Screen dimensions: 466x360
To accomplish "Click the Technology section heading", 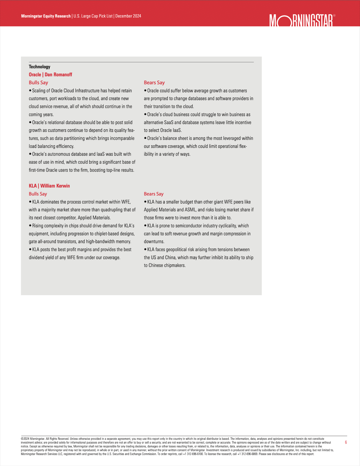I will pos(39,67).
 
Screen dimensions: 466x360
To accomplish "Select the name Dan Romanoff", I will pos(58,75).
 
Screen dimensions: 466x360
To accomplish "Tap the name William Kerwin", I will pos(55,186).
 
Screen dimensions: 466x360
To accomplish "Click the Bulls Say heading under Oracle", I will pos(38,83).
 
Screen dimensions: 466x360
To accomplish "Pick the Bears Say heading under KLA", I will pos(153,194).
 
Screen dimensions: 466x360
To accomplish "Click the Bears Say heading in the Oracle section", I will pos(154,83).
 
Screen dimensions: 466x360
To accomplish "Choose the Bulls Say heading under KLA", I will pos(38,194).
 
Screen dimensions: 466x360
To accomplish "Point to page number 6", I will pos(346,442).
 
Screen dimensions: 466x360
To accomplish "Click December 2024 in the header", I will pos(128,16).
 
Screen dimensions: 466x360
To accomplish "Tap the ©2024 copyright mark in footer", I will pos(25,439).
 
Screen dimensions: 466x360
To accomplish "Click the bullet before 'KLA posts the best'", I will pos(30,250).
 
